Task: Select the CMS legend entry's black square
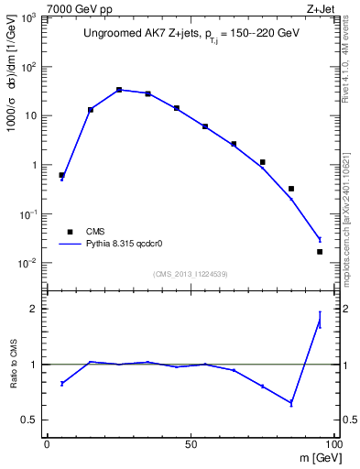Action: point(69,232)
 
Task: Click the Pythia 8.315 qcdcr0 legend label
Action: point(124,245)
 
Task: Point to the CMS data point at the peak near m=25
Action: point(119,90)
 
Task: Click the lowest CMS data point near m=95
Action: point(320,251)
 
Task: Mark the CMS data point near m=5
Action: point(61,175)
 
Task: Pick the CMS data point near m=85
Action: point(291,189)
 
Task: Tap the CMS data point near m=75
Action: point(262,162)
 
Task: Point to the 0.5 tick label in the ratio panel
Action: point(27,420)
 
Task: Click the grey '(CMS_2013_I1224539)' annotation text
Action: point(191,273)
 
